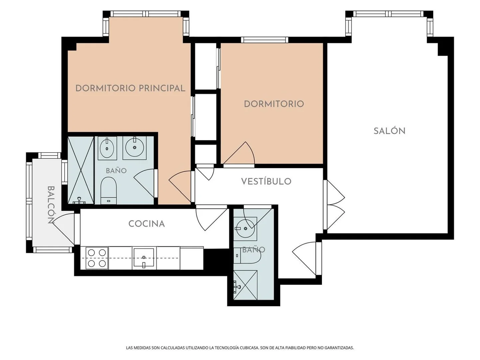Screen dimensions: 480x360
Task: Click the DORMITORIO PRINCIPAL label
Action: pos(130,88)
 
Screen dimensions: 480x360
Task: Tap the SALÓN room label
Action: pos(389,131)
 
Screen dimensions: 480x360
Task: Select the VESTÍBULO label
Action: pos(266,181)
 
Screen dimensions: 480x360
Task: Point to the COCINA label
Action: pos(147,224)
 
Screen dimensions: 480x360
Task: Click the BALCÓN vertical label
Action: pos(51,205)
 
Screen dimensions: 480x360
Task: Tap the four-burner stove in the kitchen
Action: pos(97,258)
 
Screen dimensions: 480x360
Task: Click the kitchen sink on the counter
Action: pos(144,258)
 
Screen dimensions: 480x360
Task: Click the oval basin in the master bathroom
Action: pos(107,148)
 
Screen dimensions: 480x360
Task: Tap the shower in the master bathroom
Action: pos(81,170)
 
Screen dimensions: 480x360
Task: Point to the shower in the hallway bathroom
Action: pos(245,285)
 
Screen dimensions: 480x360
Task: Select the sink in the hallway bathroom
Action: pos(245,228)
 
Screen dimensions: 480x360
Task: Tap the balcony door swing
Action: pos(63,229)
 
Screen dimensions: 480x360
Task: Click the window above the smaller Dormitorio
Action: pos(265,40)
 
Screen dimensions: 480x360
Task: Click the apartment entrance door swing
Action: pos(304,259)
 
